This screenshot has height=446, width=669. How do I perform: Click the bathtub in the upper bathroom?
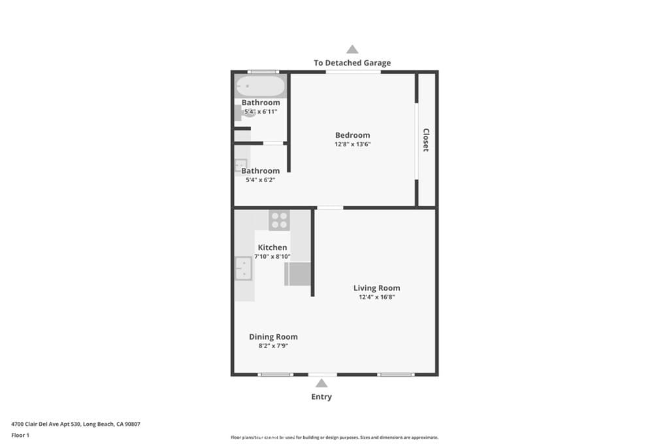pos(260,86)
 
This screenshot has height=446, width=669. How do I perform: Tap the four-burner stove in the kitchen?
pos(279,220)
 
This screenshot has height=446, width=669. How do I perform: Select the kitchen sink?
pos(243,268)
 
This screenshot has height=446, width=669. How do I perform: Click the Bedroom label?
pos(352,135)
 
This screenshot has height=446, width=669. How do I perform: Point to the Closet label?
pos(426,140)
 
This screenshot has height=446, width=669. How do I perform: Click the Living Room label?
pos(376,288)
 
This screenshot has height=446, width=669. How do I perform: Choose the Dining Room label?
pos(273,337)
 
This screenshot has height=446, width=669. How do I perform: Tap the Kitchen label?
pos(272,247)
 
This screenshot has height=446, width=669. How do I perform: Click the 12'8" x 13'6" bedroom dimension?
pos(352,144)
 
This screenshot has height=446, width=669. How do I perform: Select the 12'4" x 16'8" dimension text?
pos(376,297)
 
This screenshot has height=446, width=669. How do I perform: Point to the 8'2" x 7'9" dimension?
pos(273,346)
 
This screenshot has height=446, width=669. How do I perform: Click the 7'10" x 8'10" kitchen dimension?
pos(272,257)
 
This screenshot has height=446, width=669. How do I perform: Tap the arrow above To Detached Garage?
pos(352,49)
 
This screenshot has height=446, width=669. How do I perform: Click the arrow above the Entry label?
pos(321,383)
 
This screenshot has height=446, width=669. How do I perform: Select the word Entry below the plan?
pos(321,396)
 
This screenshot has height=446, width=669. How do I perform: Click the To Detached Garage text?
pos(352,63)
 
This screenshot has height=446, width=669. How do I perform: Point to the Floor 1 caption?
pos(20,434)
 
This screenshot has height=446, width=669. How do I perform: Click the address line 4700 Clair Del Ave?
pos(76,424)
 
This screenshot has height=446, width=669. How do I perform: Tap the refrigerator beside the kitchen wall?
pos(297,274)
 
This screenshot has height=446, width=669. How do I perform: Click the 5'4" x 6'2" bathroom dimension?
pos(259,180)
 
